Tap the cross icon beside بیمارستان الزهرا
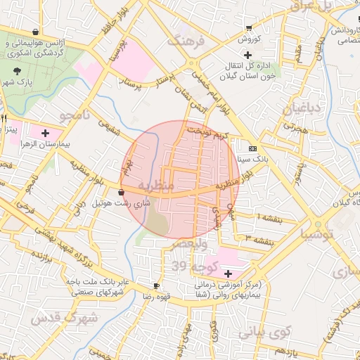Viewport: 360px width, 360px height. coord(46,132)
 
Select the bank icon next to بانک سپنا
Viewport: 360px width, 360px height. coord(252,148)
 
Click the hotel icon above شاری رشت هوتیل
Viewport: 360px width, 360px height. coord(122,191)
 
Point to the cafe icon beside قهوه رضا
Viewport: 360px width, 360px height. coord(156,286)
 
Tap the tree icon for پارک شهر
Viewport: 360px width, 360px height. coord(17,71)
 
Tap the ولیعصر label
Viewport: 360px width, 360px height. coord(193,245)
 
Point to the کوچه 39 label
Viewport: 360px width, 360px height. coord(189,266)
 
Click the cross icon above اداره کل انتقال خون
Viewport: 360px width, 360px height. coord(246,55)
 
